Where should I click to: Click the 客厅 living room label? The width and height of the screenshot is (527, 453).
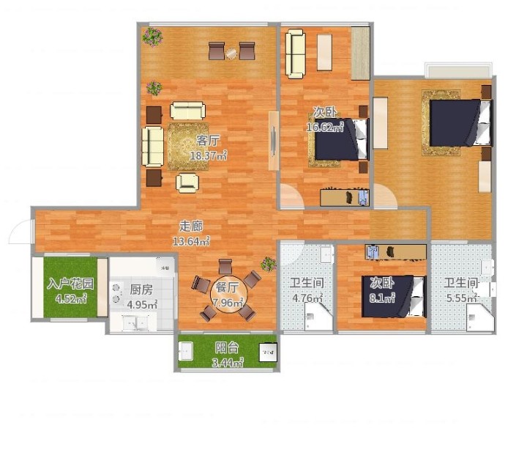[208, 140]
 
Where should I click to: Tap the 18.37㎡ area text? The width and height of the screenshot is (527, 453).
[209, 155]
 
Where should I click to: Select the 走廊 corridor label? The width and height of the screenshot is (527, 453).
[191, 226]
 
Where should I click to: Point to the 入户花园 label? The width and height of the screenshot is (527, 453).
[70, 284]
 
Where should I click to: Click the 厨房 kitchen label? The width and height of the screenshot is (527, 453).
[141, 290]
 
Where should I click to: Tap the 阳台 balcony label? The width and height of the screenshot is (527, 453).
[227, 347]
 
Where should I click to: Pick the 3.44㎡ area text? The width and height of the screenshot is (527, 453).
[228, 362]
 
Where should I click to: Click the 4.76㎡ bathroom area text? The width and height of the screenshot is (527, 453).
[307, 298]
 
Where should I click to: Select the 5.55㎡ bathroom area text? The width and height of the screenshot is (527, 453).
[461, 298]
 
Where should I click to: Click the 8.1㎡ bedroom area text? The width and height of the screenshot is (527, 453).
[382, 298]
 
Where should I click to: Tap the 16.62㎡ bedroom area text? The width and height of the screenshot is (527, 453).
[325, 127]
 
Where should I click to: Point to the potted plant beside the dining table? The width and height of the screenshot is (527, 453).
[269, 264]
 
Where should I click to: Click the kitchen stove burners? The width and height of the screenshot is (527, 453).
[116, 292]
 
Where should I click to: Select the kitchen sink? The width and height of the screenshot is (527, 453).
[135, 323]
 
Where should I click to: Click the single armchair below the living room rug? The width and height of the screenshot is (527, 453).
[187, 183]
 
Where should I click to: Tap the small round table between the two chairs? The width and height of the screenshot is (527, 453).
[232, 54]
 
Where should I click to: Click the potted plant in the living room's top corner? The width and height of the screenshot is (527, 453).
[152, 37]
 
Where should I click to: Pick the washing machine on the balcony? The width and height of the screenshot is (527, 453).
[268, 353]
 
